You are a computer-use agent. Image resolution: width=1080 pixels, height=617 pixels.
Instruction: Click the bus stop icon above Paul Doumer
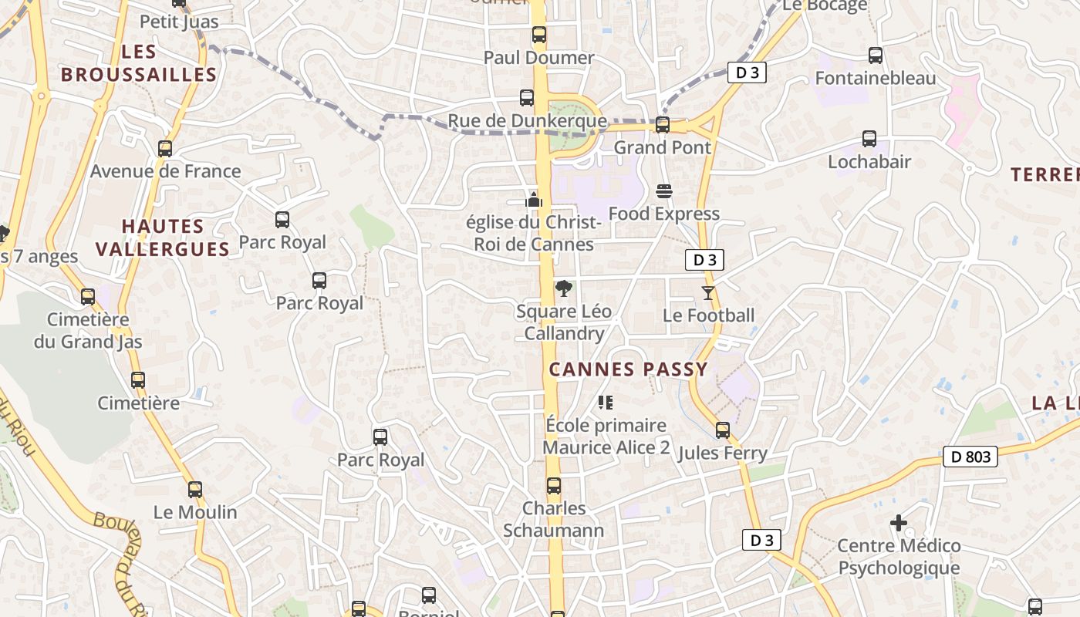point(538,35)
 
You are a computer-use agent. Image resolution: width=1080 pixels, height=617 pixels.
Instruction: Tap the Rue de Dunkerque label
point(527,121)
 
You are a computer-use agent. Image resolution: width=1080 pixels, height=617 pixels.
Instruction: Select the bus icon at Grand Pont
point(662,124)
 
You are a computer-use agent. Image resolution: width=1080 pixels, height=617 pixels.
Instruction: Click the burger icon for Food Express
point(664,190)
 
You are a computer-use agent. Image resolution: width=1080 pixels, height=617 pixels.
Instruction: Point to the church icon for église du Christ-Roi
point(534,200)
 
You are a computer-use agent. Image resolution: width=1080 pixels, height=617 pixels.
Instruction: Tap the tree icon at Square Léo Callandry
point(564,289)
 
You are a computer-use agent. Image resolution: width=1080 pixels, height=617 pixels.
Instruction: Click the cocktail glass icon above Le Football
point(708,293)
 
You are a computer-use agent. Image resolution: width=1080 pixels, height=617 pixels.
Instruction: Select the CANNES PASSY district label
point(628,369)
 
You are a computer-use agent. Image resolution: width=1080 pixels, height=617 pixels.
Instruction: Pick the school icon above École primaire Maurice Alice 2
point(606,403)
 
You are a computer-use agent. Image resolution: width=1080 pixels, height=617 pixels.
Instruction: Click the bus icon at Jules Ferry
point(723,430)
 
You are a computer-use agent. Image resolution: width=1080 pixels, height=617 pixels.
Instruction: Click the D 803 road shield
point(970,457)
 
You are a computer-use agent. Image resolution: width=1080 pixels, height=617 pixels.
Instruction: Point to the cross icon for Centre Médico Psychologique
point(899,523)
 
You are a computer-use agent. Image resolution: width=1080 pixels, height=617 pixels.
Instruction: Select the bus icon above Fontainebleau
point(875,56)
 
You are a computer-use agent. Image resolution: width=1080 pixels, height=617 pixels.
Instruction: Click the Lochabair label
point(869,162)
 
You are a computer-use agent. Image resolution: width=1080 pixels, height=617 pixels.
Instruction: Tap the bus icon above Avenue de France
point(165,149)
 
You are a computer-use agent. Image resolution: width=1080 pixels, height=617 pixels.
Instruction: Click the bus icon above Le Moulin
point(195,490)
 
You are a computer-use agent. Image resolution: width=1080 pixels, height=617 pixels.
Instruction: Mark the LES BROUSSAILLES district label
point(139,63)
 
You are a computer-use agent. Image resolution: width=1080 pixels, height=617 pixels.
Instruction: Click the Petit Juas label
point(179,22)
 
